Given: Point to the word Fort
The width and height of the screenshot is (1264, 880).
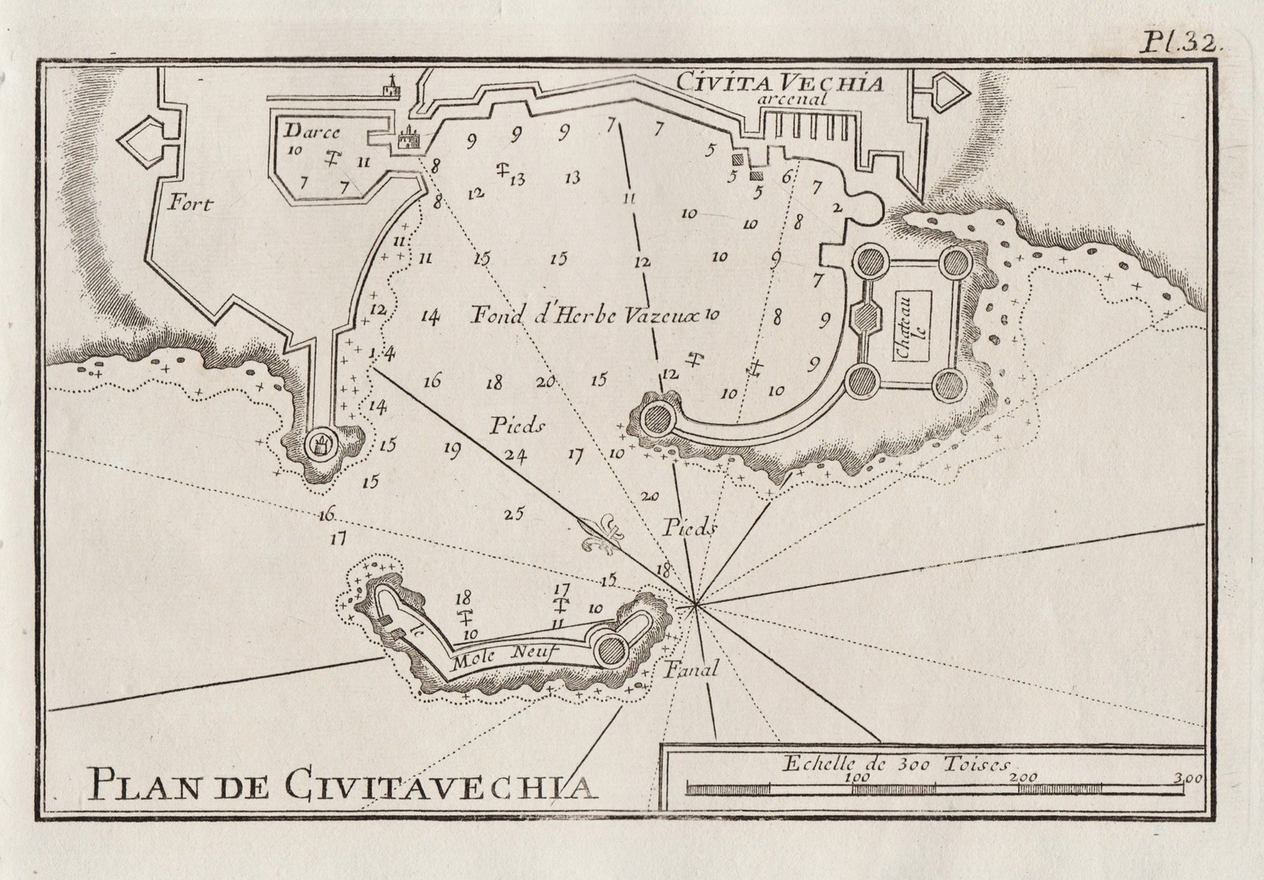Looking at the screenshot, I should [190, 205].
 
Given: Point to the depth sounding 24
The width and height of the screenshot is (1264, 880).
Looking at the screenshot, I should [516, 454].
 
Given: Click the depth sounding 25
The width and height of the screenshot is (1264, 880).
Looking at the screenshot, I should [514, 514].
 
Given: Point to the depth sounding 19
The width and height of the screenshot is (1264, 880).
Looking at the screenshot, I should [452, 449].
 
